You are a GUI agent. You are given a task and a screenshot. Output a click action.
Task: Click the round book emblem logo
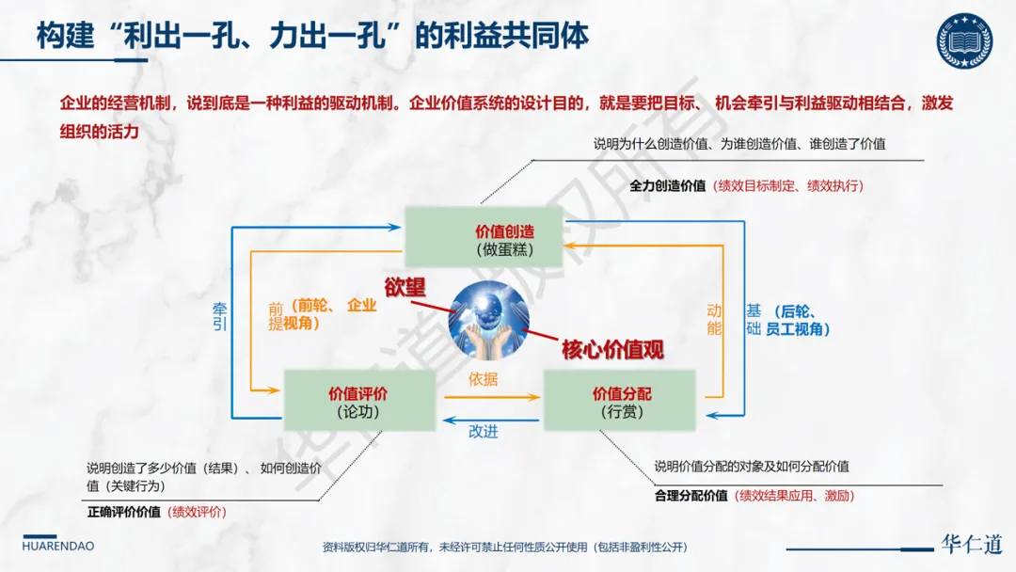964,40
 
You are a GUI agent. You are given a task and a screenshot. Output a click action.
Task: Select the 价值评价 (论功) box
359,402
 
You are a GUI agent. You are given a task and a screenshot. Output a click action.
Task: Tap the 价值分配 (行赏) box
620,402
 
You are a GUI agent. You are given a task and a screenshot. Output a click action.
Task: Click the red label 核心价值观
612,350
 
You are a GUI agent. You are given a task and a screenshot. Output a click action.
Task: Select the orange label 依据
483,380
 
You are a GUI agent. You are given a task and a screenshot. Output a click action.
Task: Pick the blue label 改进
483,432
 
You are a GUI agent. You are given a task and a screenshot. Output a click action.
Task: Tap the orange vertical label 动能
714,319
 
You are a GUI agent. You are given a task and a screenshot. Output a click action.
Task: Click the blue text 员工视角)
798,329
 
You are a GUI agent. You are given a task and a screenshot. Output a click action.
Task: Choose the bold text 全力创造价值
667,185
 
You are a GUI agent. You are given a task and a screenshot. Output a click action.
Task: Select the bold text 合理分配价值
691,496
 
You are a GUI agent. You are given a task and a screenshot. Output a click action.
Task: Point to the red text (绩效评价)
198,512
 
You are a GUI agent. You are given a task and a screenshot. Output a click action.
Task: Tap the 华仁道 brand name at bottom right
972,545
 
